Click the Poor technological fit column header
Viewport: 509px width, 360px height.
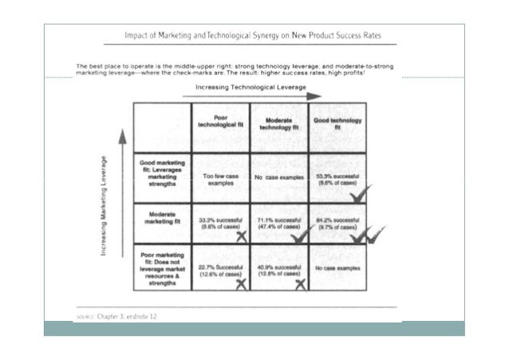pos(221,123)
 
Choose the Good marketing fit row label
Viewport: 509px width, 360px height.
pos(162,172)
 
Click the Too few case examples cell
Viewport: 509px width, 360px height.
pos(221,180)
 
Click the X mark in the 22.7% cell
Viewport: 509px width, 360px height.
pos(239,286)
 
